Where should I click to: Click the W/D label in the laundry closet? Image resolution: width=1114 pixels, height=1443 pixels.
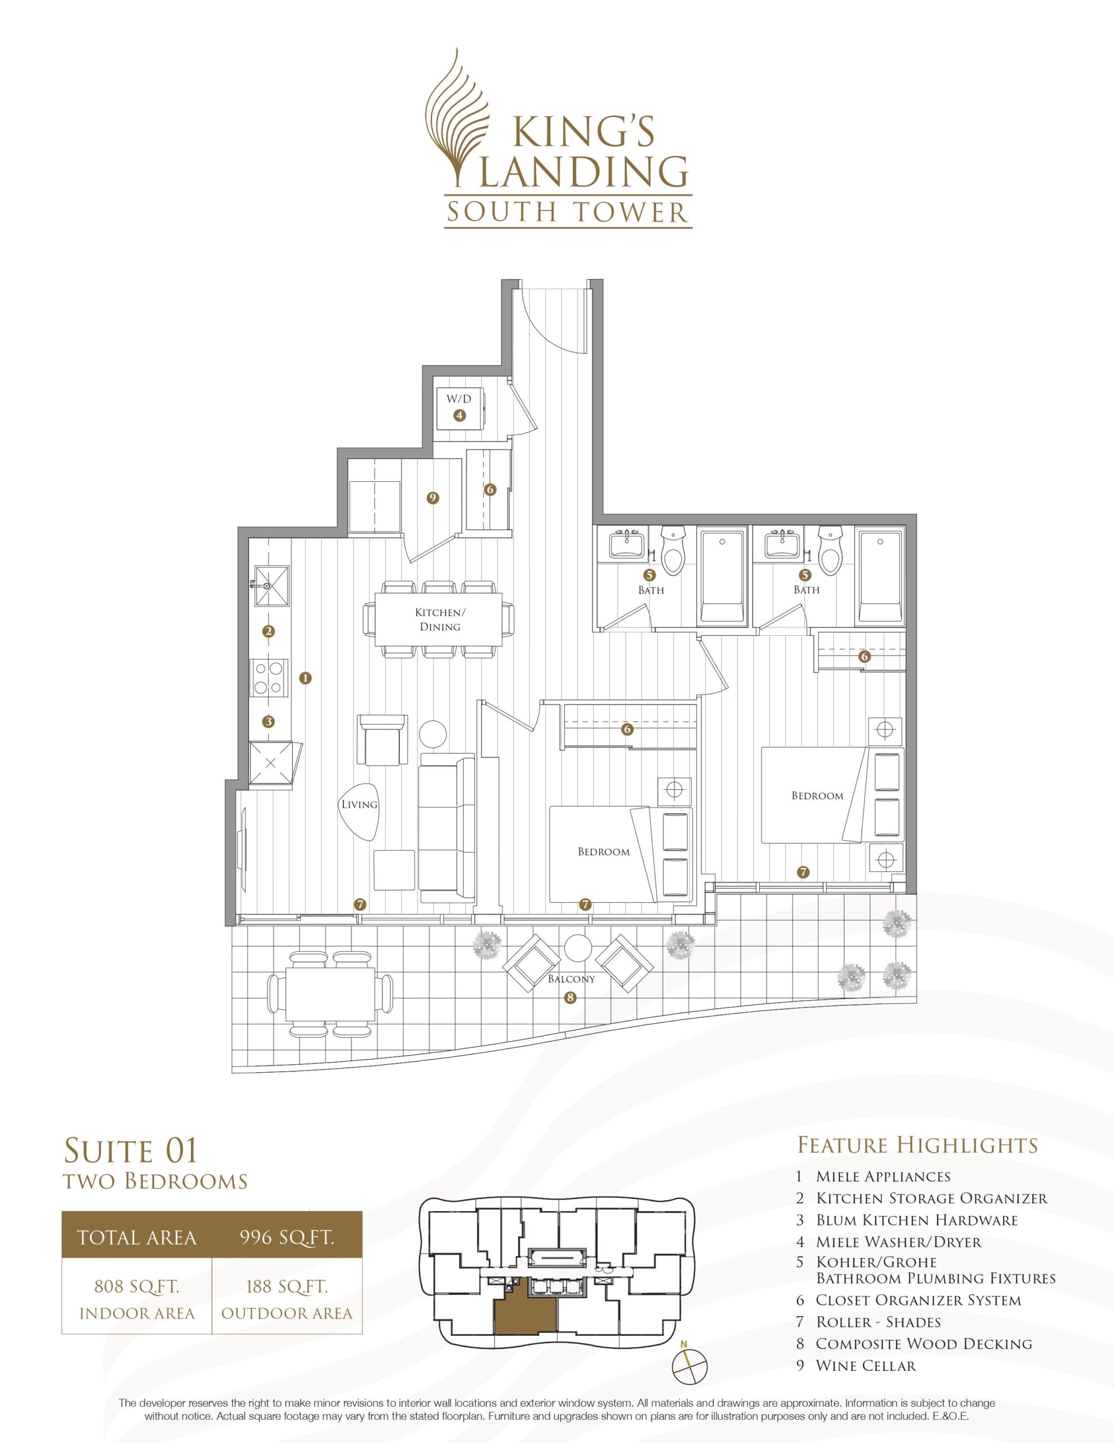pos(459,399)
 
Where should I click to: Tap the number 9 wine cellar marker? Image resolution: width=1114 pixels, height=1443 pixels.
pos(433,498)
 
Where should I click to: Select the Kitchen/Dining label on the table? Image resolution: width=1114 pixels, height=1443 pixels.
pos(440,619)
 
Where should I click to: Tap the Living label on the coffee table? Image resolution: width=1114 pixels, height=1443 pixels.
pos(359,804)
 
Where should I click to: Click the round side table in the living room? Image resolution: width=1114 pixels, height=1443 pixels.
pos(433,733)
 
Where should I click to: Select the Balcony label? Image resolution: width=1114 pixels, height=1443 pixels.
pos(571,979)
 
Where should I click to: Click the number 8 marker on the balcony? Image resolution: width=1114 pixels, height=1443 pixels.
pos(571,998)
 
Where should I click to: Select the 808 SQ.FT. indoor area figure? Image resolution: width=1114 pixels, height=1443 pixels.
pos(137,1286)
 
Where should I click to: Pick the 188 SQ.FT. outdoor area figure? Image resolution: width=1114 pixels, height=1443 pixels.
pos(287,1286)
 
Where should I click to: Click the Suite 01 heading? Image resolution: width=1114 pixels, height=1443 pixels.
pos(131,1150)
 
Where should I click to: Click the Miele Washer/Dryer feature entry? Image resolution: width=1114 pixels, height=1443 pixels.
pos(898,1241)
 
